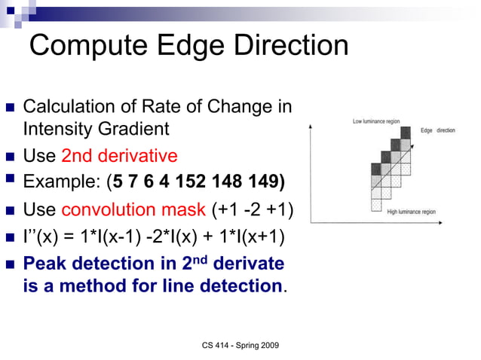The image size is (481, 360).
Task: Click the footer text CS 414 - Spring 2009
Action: (240, 344)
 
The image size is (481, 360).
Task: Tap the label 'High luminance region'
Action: (411, 212)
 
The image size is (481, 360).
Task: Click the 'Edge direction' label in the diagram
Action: (438, 131)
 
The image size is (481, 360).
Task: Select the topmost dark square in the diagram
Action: (406, 133)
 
